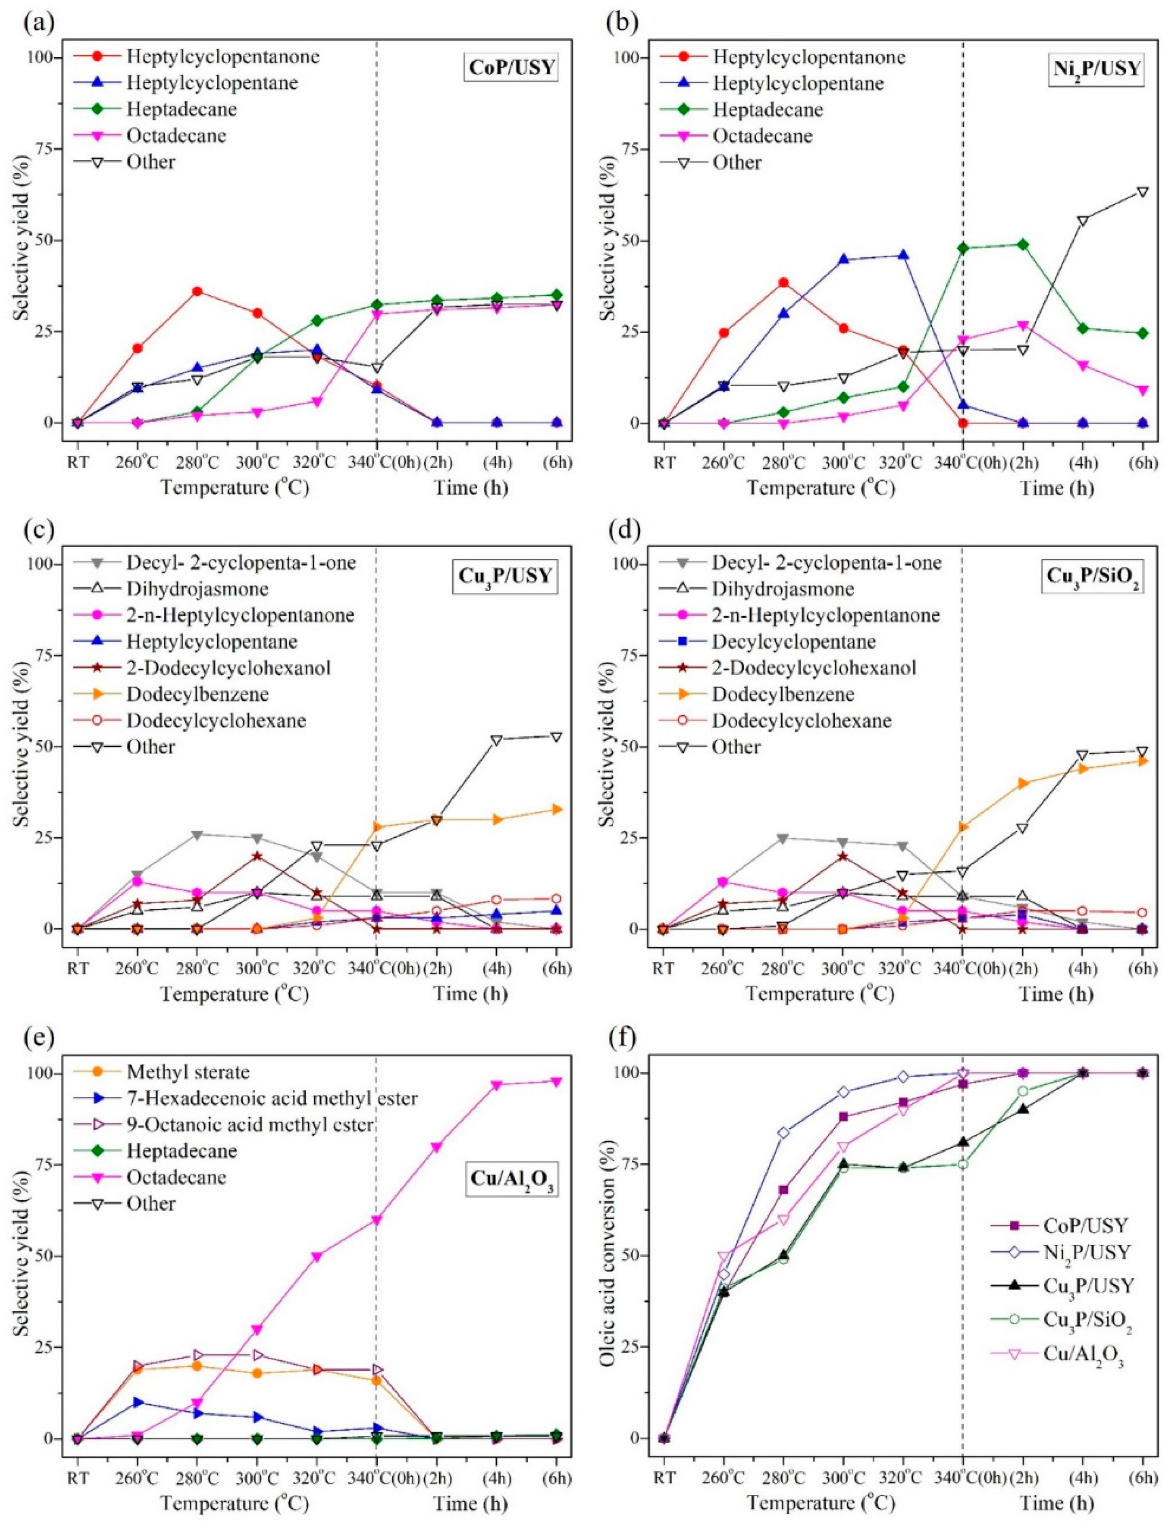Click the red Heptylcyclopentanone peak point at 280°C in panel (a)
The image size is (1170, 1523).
coord(197,291)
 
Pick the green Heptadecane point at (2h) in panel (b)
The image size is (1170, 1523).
coord(1023,245)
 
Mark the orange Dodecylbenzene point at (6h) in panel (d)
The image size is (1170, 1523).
coord(1142,761)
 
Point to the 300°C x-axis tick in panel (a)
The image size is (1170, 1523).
coord(257,463)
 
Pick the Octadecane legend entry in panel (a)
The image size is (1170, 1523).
coord(176,135)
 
